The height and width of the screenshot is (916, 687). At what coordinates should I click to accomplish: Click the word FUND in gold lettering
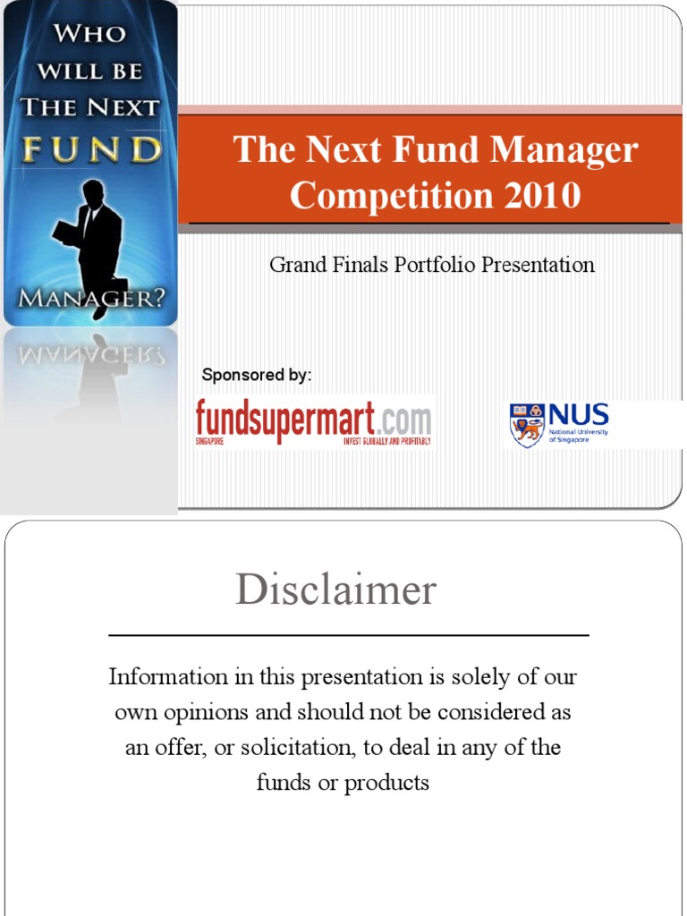[x=92, y=148]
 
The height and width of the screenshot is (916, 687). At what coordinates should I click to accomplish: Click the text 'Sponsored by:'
[x=257, y=375]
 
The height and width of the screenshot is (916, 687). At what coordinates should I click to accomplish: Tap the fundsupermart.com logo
[x=314, y=422]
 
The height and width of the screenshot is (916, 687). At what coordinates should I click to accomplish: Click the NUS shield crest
[x=526, y=425]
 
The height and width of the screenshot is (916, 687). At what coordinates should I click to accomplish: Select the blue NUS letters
[x=578, y=415]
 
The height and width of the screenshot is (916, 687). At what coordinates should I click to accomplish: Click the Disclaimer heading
[x=336, y=590]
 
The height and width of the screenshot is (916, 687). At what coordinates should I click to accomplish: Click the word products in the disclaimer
[x=387, y=784]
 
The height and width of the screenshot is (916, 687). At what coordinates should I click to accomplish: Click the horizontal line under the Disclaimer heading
[x=349, y=635]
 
